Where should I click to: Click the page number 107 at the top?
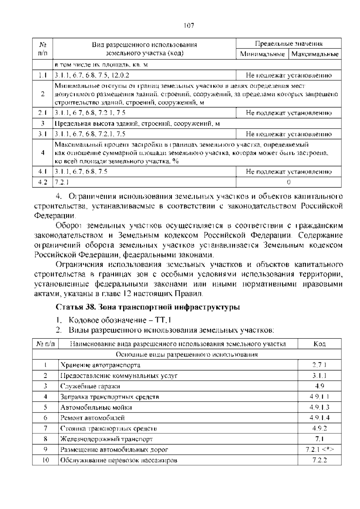(x=189, y=26)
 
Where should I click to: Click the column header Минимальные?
(x=262, y=54)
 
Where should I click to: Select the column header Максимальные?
(x=315, y=54)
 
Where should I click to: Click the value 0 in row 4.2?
(x=289, y=182)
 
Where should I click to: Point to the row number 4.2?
(x=43, y=182)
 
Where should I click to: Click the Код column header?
(x=319, y=344)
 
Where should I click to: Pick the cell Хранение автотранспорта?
(x=100, y=365)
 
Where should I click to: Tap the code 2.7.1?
(x=319, y=365)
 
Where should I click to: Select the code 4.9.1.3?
(x=319, y=407)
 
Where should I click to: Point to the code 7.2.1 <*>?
(x=319, y=450)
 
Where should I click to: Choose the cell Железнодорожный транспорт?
(x=106, y=439)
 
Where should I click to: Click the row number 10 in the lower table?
(x=45, y=460)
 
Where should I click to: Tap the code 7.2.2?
(x=319, y=460)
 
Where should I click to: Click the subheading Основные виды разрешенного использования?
(x=187, y=354)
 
